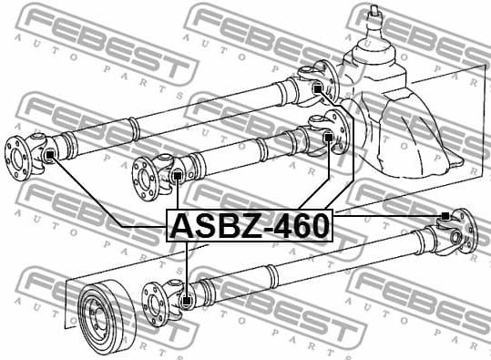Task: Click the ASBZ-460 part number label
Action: (250, 224)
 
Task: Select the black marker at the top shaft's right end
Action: (317, 88)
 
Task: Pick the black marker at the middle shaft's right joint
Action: (328, 138)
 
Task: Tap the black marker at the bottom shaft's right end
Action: (444, 216)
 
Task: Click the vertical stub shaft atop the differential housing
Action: (374, 23)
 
